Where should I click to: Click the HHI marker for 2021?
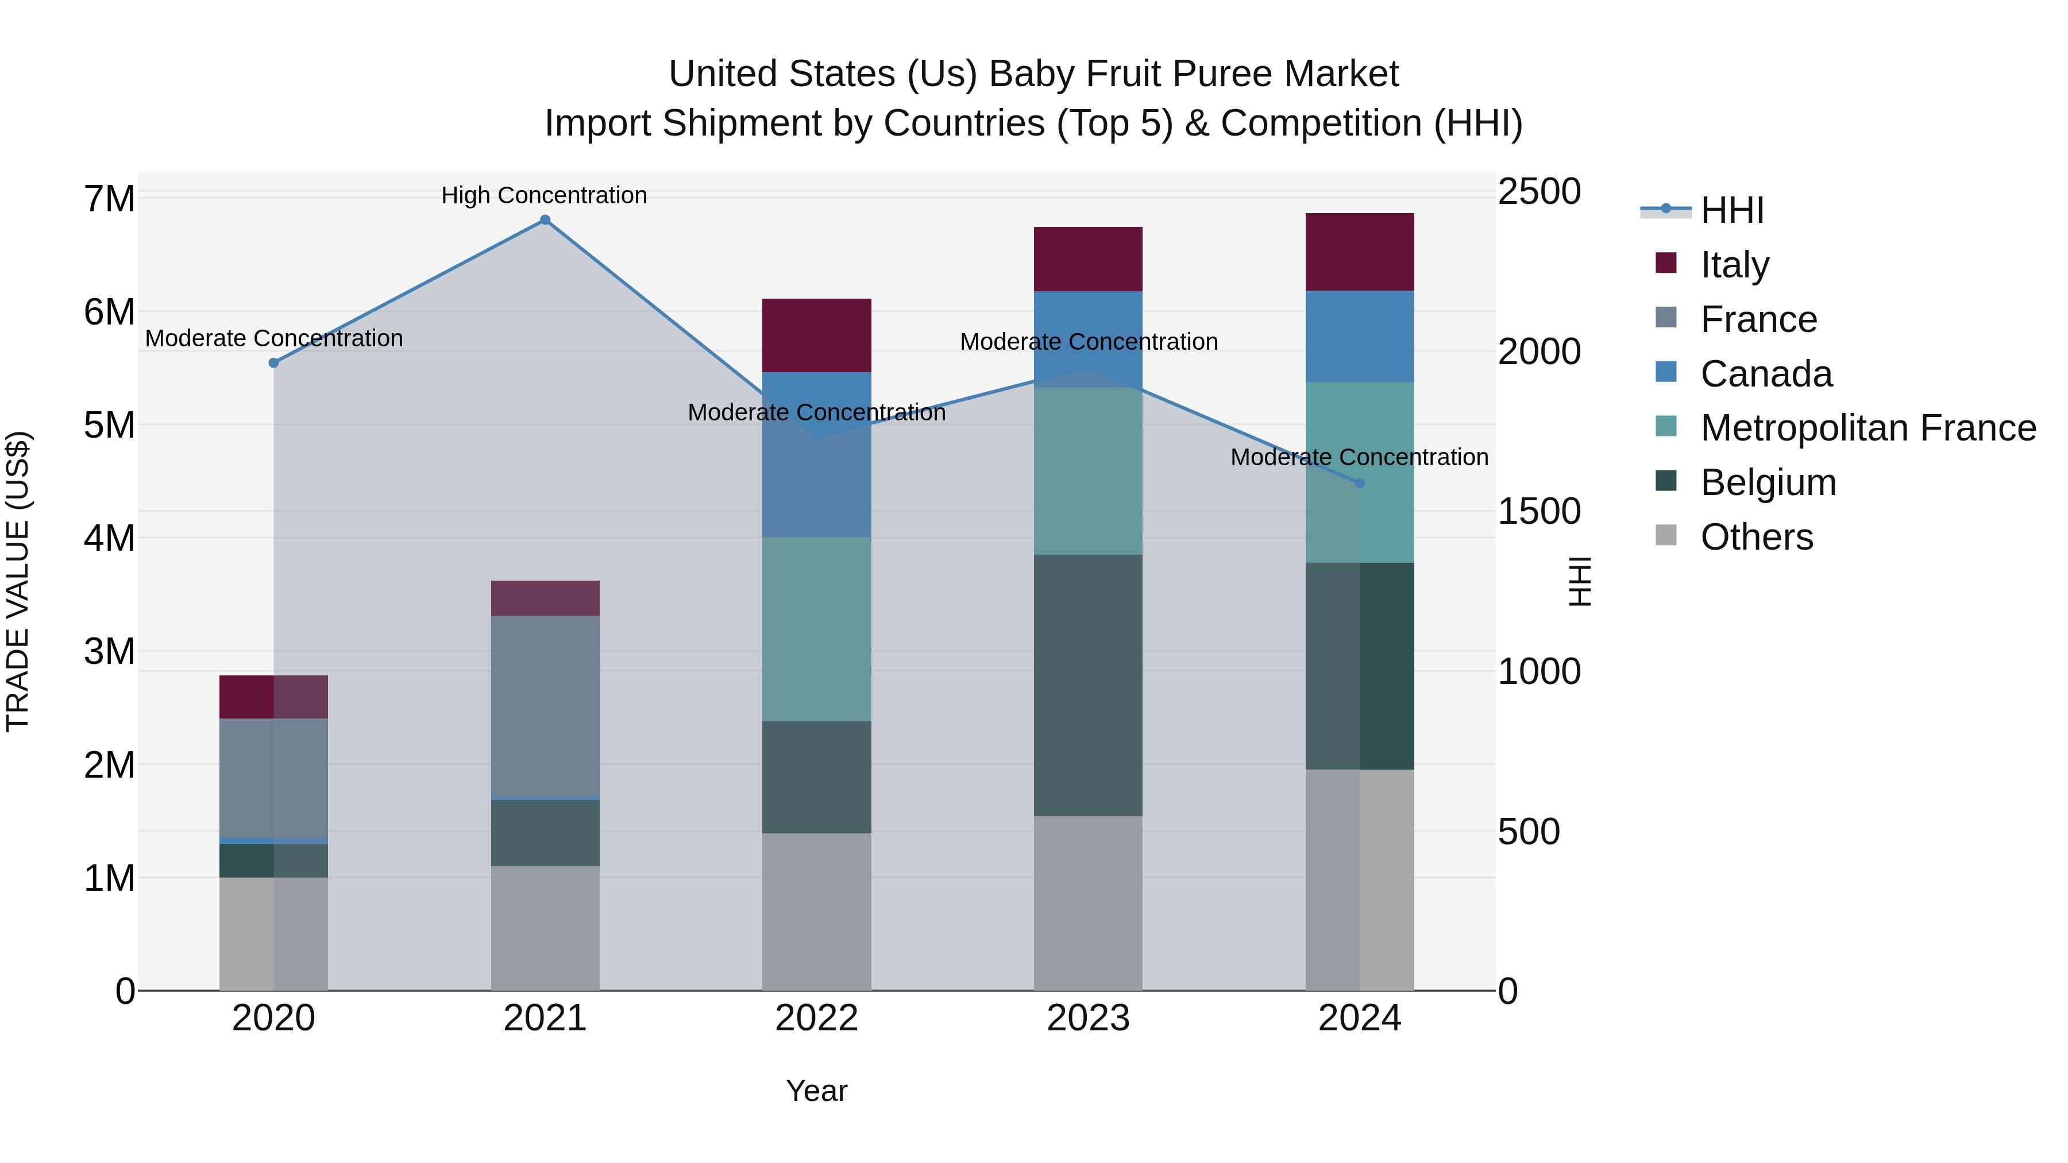pyautogui.click(x=545, y=220)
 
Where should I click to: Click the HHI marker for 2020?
pyautogui.click(x=274, y=363)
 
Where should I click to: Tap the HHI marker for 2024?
pyautogui.click(x=1360, y=483)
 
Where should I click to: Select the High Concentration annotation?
pyautogui.click(x=545, y=195)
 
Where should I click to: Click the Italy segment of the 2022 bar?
pyautogui.click(x=816, y=335)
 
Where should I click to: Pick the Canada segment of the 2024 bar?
pyautogui.click(x=1360, y=337)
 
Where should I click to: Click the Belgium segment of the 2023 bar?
pyautogui.click(x=1088, y=685)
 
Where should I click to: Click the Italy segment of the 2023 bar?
pyautogui.click(x=1088, y=258)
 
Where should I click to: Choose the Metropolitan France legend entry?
pyautogui.click(x=1868, y=428)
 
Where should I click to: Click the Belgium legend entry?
pyautogui.click(x=1768, y=482)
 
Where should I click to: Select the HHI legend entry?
pyautogui.click(x=1731, y=210)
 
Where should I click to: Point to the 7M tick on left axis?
pyautogui.click(x=109, y=198)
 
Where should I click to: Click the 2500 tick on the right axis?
pyautogui.click(x=1539, y=192)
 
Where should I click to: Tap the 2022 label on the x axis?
pyautogui.click(x=816, y=1018)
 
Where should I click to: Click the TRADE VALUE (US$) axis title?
pyautogui.click(x=18, y=581)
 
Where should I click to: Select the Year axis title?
pyautogui.click(x=816, y=1091)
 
